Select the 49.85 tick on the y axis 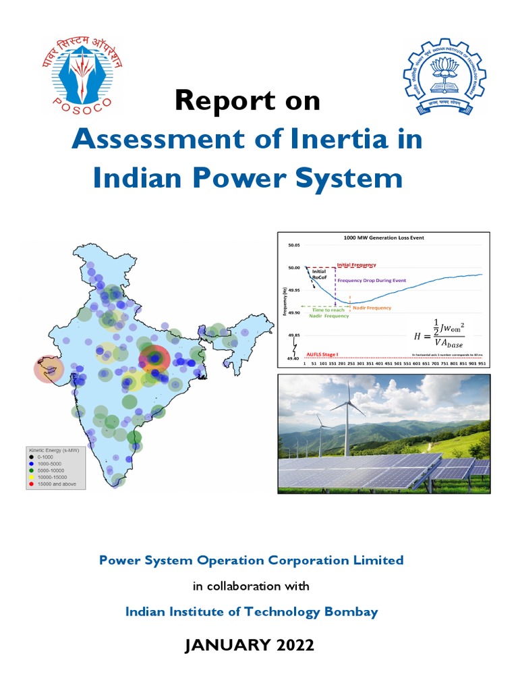click(x=294, y=335)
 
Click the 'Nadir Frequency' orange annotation click(x=372, y=308)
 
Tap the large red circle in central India click(x=154, y=359)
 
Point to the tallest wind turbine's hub click(x=348, y=403)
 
